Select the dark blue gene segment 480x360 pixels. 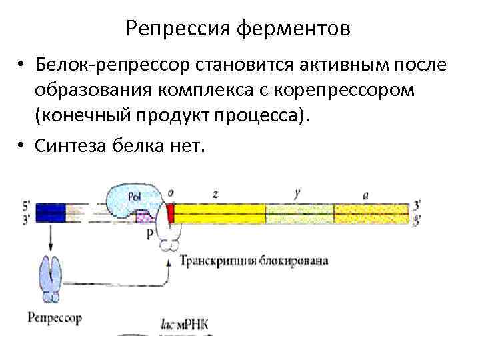tap(50, 213)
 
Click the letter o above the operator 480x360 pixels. tap(171, 193)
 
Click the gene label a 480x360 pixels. tap(366, 194)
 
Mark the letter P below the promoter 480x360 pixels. tap(150, 233)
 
